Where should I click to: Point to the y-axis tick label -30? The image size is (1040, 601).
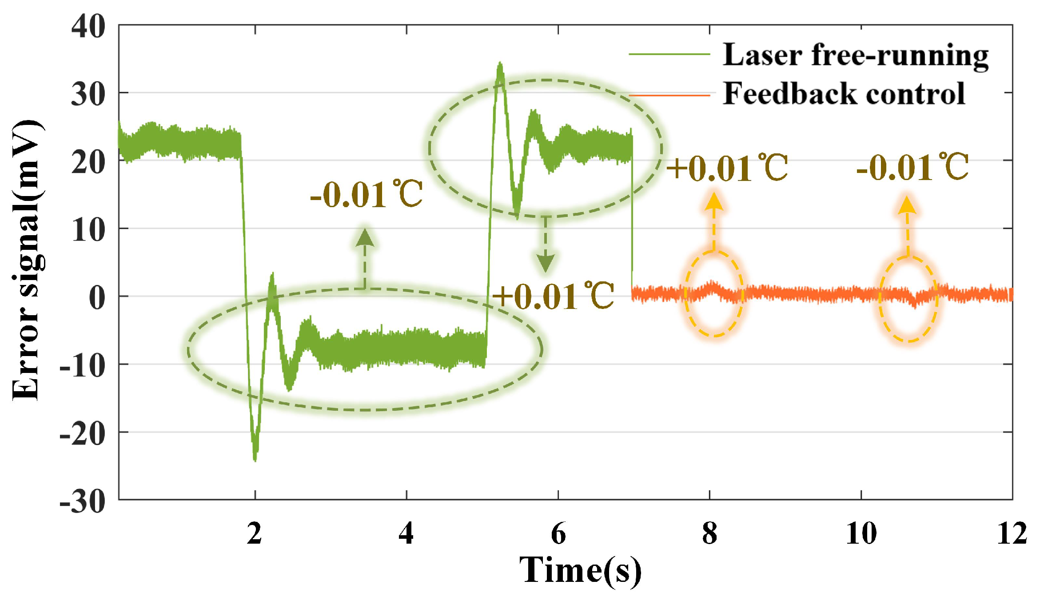(x=83, y=502)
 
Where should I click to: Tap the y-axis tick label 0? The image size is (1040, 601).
(x=97, y=298)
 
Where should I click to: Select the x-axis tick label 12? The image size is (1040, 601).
(x=1012, y=533)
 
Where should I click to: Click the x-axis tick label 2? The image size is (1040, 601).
(x=255, y=533)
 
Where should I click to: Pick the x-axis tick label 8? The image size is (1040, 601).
(x=709, y=533)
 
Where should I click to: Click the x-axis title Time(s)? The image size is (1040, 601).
(x=580, y=570)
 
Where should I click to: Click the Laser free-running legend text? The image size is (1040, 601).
(x=855, y=55)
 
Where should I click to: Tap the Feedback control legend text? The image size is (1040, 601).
(x=844, y=94)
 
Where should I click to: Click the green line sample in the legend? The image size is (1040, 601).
(x=669, y=55)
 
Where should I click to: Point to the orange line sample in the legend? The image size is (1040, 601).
(x=669, y=95)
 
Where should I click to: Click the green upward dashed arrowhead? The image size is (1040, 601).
(x=365, y=237)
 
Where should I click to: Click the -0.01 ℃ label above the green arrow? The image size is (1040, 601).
(x=366, y=195)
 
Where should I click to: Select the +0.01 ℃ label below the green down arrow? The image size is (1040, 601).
(x=553, y=296)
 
